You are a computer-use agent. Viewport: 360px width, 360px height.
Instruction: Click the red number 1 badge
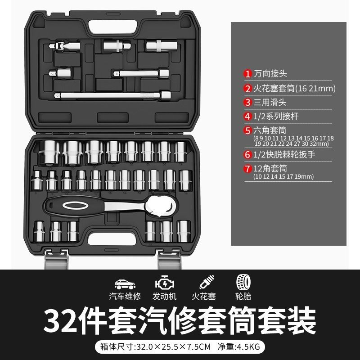(247, 74)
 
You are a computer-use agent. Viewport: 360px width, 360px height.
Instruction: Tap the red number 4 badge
(247, 117)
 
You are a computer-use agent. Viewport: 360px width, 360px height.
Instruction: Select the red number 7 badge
(247, 169)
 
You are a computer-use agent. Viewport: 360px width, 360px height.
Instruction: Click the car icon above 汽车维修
(125, 284)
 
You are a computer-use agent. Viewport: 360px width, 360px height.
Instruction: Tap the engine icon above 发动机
(165, 283)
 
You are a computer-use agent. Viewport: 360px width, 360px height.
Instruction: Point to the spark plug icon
(207, 282)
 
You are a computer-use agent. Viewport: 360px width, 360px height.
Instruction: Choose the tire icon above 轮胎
(243, 282)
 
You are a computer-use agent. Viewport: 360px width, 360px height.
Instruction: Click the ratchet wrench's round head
(162, 206)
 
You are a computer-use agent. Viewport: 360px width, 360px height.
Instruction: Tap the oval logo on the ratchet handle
(75, 206)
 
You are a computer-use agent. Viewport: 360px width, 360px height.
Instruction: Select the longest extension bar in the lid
(112, 95)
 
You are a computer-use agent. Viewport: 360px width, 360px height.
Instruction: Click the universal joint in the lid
(64, 46)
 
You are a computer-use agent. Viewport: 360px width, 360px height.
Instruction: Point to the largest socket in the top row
(49, 153)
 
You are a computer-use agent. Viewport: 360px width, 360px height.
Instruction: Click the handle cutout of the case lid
(113, 27)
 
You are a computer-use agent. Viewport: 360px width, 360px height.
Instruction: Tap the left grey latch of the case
(57, 260)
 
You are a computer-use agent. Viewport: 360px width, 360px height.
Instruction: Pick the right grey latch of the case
(170, 260)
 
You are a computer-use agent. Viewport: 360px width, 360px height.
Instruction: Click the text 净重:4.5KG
(239, 346)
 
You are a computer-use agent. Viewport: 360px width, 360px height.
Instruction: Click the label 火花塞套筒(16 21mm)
(294, 88)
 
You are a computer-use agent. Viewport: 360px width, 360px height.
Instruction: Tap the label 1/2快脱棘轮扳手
(284, 154)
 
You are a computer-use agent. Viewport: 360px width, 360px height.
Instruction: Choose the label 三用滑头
(270, 103)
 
